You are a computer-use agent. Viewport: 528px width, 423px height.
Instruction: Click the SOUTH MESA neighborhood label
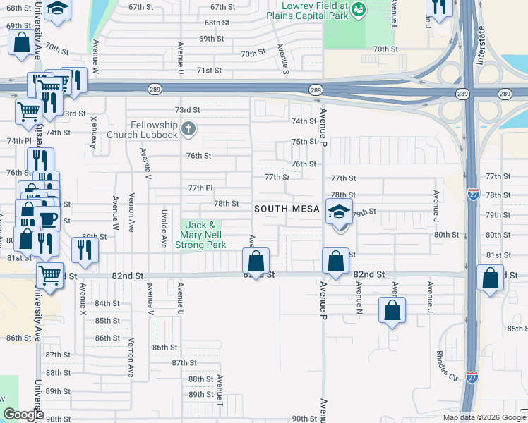pos(287,209)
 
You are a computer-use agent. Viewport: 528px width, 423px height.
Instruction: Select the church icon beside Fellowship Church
pos(188,129)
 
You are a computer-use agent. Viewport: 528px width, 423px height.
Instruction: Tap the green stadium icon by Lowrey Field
pos(359,9)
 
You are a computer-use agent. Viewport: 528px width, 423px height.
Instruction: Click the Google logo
pos(23,415)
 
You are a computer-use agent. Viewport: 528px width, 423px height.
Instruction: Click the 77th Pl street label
pos(200,188)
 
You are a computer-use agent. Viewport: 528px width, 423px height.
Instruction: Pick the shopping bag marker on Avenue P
pos(335,261)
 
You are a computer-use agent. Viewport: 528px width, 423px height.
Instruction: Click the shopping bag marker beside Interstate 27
pos(490,278)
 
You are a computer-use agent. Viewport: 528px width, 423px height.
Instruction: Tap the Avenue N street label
pos(359,297)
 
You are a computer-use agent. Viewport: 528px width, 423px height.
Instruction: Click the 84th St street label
pos(107,303)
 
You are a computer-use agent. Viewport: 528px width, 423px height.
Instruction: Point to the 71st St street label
pos(209,70)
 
